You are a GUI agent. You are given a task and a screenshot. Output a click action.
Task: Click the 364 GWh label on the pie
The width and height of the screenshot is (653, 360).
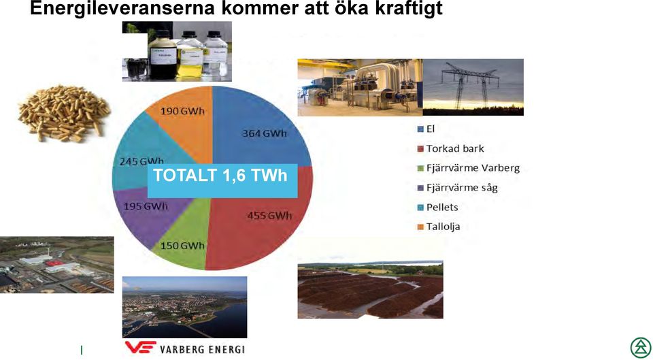[x=265, y=133]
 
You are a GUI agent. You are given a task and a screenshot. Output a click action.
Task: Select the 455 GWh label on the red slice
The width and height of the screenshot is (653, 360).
[x=269, y=216]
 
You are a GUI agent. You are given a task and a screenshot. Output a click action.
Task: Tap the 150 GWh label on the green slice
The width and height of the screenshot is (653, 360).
[x=182, y=246]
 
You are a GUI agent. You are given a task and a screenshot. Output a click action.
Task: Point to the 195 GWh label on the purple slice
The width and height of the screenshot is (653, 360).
[x=146, y=206]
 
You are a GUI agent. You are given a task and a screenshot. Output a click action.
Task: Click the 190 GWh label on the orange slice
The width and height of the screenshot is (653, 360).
[x=182, y=111]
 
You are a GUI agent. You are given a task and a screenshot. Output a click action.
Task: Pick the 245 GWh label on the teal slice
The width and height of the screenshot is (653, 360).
[x=141, y=161]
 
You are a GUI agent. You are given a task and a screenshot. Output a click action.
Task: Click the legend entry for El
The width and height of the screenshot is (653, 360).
[x=426, y=129]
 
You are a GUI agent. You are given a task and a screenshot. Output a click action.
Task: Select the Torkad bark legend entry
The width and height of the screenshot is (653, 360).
[x=450, y=149]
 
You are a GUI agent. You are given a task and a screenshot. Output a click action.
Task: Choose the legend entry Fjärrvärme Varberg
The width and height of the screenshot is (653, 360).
[x=469, y=168]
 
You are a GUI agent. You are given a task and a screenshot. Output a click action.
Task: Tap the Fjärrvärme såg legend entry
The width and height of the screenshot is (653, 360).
[x=458, y=188]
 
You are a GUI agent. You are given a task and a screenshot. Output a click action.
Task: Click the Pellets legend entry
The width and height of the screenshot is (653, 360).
[x=437, y=207]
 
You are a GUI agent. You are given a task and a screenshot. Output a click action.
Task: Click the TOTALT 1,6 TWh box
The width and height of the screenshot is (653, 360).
[x=222, y=180]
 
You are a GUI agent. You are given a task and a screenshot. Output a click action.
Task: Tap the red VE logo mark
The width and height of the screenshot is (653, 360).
[x=141, y=347]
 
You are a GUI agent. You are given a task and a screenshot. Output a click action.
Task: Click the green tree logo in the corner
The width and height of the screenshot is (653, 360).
[x=641, y=348]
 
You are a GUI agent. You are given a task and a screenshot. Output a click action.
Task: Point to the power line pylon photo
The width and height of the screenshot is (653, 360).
[x=473, y=87]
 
